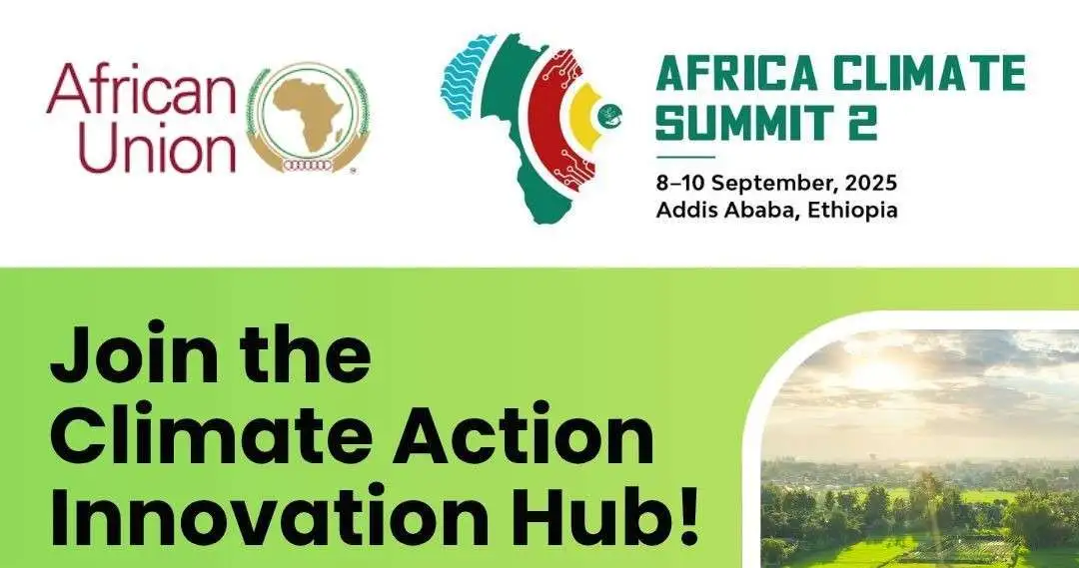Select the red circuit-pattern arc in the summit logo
[x=556, y=115]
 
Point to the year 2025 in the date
[x=871, y=183]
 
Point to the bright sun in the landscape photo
[x=879, y=374]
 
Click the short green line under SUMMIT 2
[x=685, y=158]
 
